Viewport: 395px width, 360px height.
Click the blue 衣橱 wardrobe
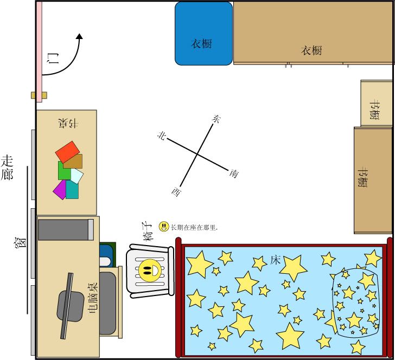(x=203, y=34)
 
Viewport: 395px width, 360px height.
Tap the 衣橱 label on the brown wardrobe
(x=311, y=50)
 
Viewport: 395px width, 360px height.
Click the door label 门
(x=54, y=58)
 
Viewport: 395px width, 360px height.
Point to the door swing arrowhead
(x=80, y=36)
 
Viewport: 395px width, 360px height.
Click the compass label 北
(x=162, y=136)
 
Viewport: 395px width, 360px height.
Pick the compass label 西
(x=176, y=192)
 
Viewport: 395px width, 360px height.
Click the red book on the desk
(x=67, y=152)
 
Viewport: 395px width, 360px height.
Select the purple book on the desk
(x=60, y=190)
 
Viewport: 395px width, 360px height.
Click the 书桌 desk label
(x=68, y=124)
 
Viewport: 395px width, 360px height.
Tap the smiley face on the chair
(x=150, y=271)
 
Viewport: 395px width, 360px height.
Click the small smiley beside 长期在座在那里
(x=164, y=227)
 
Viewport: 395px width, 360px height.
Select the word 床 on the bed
(x=275, y=260)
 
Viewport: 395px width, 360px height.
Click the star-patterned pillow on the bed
(x=355, y=303)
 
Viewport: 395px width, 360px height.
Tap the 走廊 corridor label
(x=7, y=168)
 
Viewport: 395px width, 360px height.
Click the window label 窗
(x=20, y=243)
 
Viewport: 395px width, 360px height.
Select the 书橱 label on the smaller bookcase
(x=375, y=110)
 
